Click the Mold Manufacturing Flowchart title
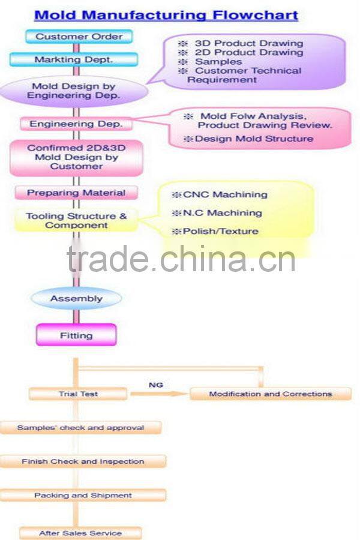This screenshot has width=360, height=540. [x=166, y=15]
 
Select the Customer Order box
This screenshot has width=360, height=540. [x=79, y=37]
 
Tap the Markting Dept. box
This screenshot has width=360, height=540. [x=73, y=59]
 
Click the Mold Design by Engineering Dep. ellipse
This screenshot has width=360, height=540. [x=73, y=91]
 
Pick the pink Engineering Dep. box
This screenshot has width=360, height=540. [x=76, y=124]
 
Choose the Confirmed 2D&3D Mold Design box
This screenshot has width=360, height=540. [x=76, y=157]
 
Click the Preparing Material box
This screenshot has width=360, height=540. [x=76, y=193]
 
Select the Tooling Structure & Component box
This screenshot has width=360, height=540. [x=76, y=221]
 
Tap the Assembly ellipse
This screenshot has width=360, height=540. [x=76, y=298]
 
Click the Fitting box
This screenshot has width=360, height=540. [x=76, y=335]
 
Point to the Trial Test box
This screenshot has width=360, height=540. [x=78, y=394]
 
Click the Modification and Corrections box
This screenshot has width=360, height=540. [x=270, y=394]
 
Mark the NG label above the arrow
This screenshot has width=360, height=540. [x=155, y=385]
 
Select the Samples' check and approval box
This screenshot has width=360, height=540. [x=80, y=428]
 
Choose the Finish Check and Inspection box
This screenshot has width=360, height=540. [x=83, y=461]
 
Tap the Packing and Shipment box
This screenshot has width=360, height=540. [x=83, y=496]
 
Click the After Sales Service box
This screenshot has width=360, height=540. [x=80, y=533]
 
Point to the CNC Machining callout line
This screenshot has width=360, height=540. [x=220, y=194]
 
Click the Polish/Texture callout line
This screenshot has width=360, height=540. [x=215, y=231]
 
